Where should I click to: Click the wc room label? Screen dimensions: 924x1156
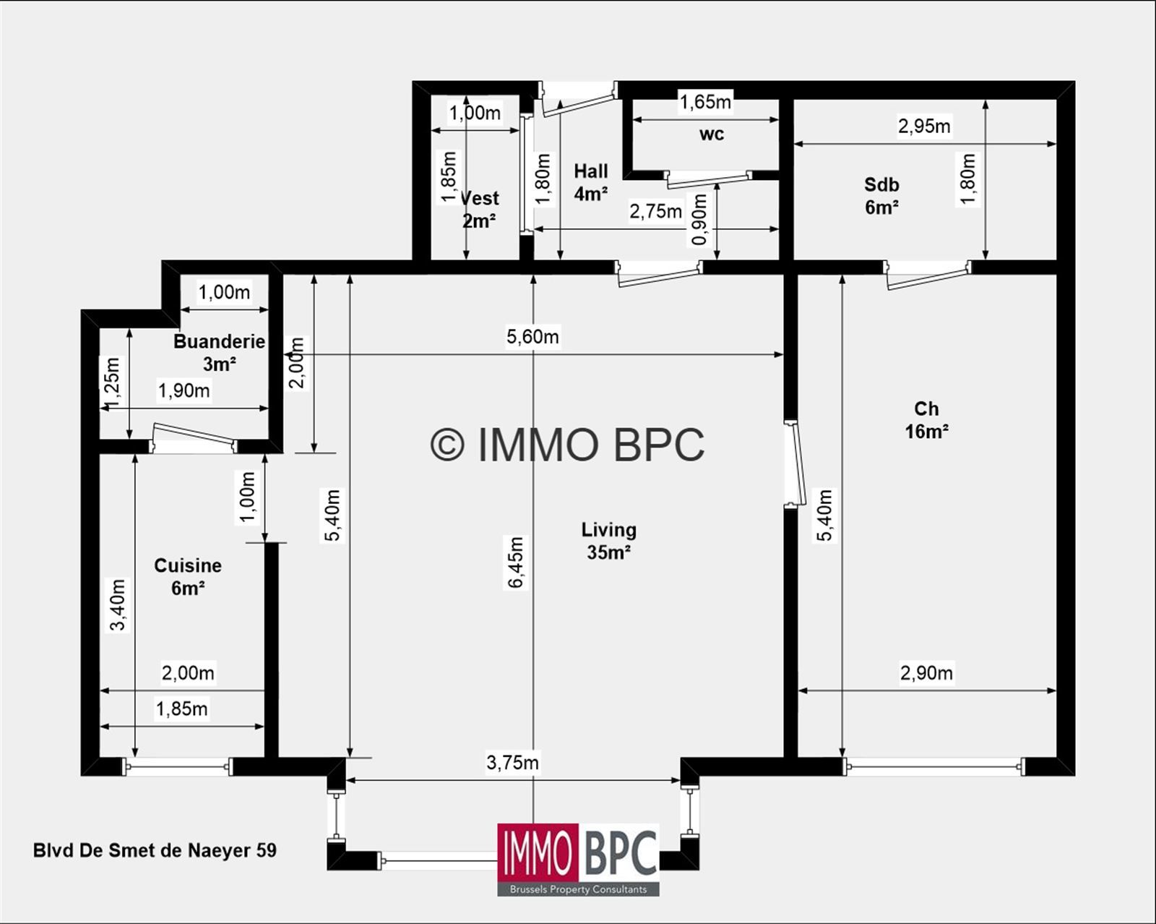click(711, 134)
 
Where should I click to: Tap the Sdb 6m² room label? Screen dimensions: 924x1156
click(881, 196)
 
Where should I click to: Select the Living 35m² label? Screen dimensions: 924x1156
click(609, 541)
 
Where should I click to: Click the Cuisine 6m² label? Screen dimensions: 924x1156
click(188, 576)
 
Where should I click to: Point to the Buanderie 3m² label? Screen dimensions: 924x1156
click(219, 352)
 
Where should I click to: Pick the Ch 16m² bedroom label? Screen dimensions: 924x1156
click(926, 420)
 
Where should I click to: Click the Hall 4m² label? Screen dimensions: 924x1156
click(590, 182)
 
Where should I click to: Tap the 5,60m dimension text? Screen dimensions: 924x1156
click(532, 337)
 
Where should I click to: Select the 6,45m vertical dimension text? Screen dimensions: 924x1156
click(516, 562)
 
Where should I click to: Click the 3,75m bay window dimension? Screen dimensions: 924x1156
click(512, 763)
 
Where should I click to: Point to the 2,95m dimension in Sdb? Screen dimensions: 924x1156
click(924, 127)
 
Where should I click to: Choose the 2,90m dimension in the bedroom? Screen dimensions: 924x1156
click(926, 673)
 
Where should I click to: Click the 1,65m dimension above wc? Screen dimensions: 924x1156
click(705, 102)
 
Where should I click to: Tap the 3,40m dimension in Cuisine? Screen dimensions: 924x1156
click(118, 605)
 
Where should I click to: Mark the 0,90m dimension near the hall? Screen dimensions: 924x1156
click(699, 220)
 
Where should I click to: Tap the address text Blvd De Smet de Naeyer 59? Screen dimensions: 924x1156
click(155, 850)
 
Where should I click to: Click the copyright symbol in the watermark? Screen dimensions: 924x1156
click(447, 444)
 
